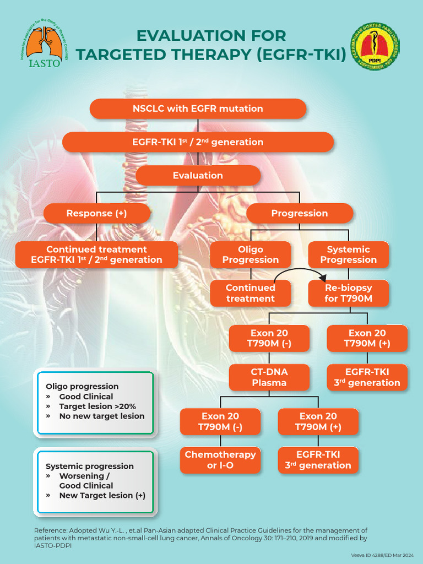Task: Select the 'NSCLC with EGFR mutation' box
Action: [x=198, y=109]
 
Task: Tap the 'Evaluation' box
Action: [x=198, y=175]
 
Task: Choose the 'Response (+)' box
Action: [x=96, y=213]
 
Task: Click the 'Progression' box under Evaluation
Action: [x=299, y=213]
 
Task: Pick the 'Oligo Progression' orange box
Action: [x=251, y=254]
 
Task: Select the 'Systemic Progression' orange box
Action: [x=348, y=254]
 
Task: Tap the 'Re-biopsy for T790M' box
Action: [x=348, y=293]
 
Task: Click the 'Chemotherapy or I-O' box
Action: [x=220, y=460]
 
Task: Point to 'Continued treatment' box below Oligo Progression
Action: [x=251, y=293]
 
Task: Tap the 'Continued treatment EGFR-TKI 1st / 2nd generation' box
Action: [x=96, y=254]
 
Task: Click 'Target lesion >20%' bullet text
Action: [x=97, y=406]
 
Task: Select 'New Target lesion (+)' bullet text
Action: [x=102, y=495]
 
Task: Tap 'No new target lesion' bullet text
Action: [x=102, y=416]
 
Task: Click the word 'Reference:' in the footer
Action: [x=51, y=530]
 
